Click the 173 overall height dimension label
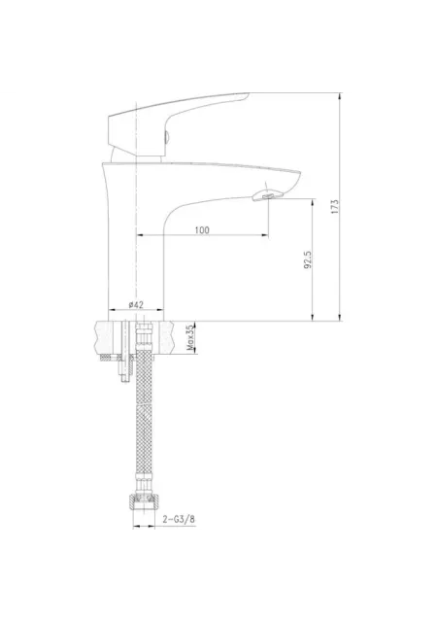pyautogui.click(x=335, y=207)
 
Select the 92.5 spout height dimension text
pyautogui.click(x=308, y=259)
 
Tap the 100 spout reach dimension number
pyautogui.click(x=202, y=230)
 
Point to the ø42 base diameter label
pyautogui.click(x=136, y=304)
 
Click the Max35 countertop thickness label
pyautogui.click(x=190, y=337)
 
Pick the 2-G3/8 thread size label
pyautogui.click(x=179, y=519)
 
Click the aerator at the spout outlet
pyautogui.click(x=268, y=194)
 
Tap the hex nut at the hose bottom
pyautogui.click(x=144, y=503)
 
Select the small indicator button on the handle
pyautogui.click(x=167, y=138)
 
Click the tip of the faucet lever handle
pyautogui.click(x=249, y=94)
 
